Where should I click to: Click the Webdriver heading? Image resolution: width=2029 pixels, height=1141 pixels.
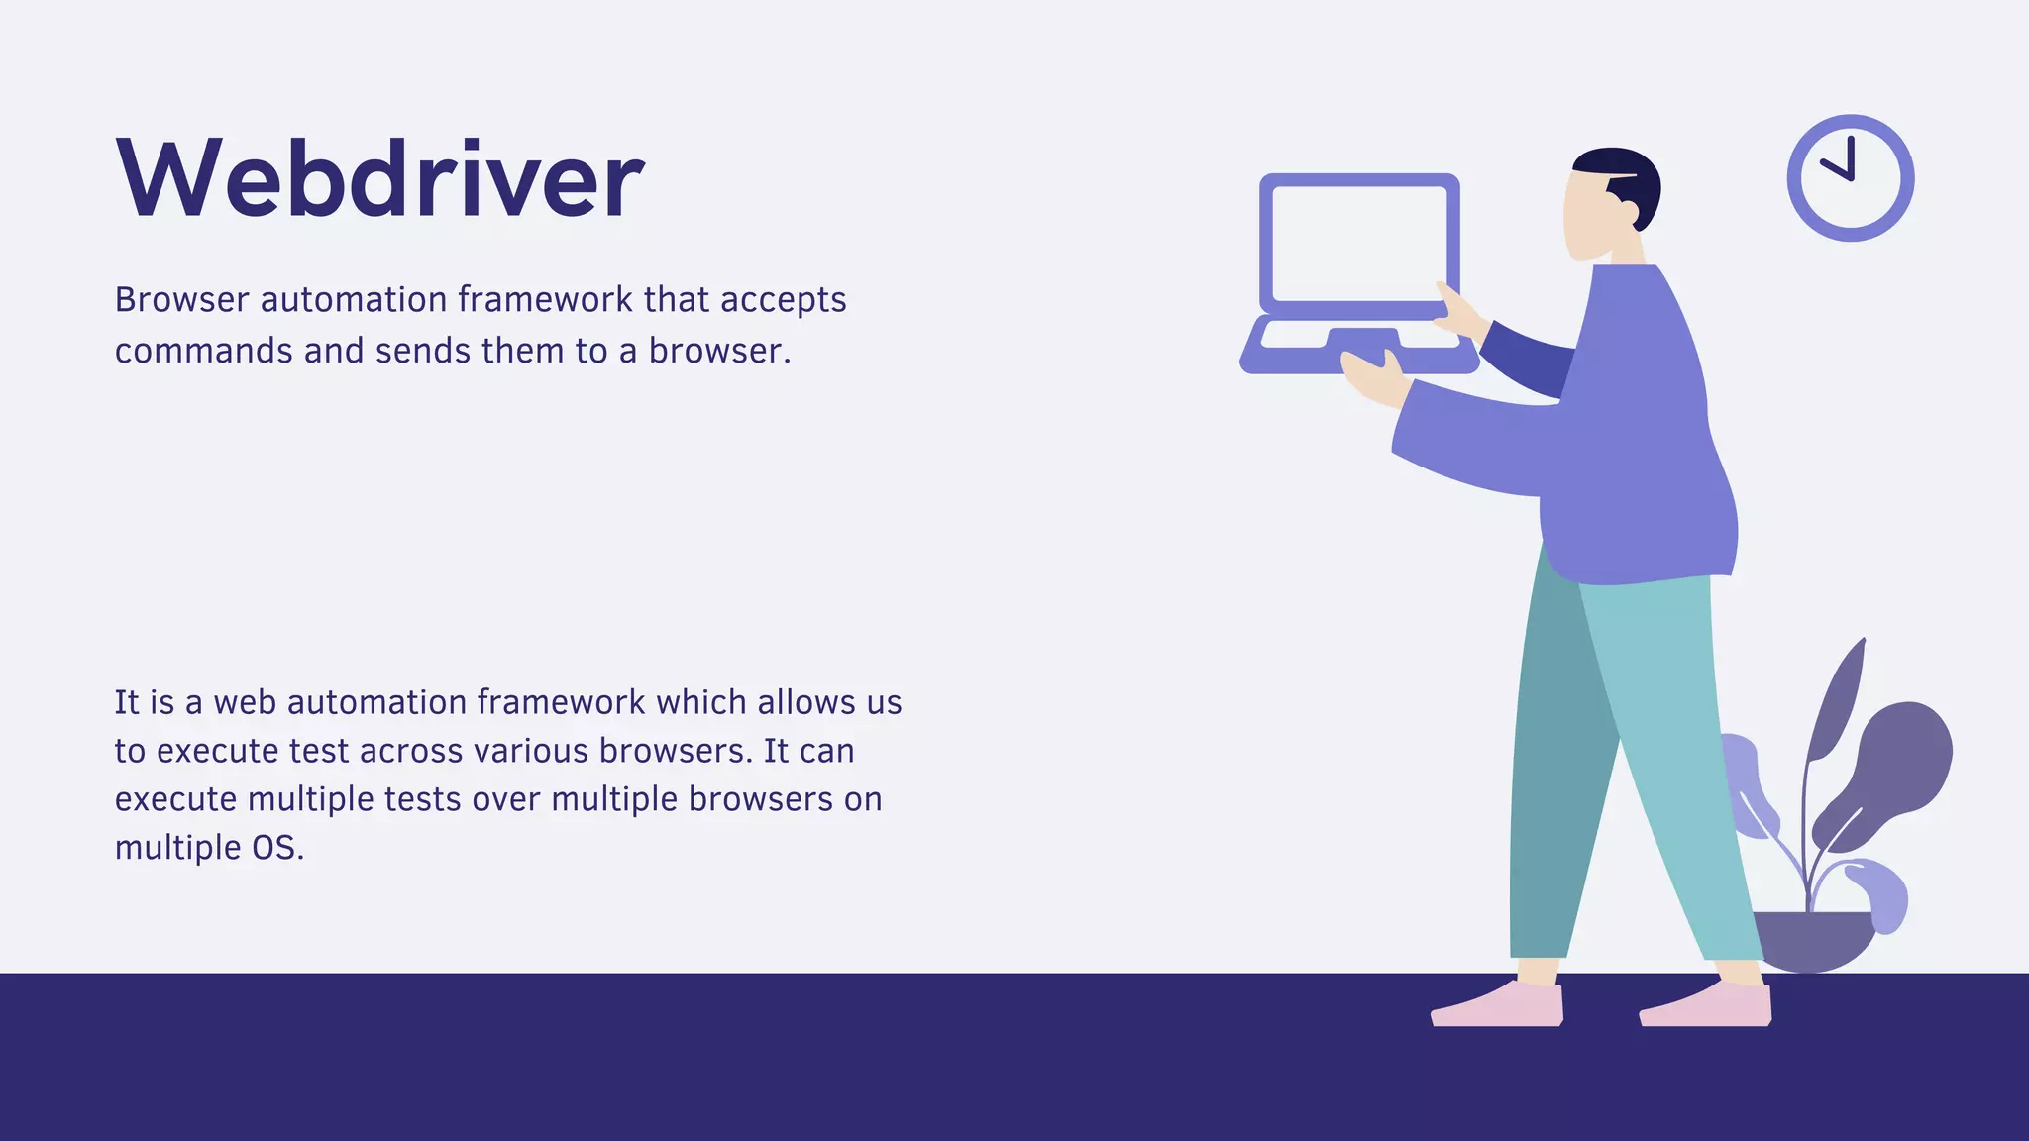380,178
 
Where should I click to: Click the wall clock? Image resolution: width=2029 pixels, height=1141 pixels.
1850,178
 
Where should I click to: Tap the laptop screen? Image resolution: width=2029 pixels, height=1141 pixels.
1357,244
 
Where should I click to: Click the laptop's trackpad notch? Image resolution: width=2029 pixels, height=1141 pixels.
1362,337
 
